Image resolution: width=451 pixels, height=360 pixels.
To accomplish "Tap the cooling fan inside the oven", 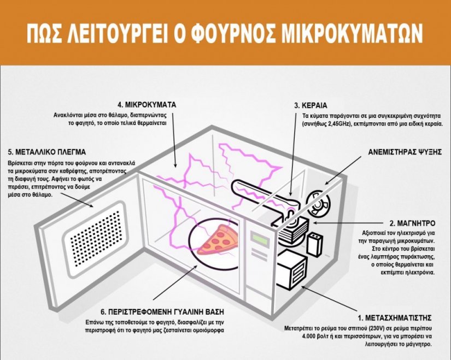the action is click(318, 204).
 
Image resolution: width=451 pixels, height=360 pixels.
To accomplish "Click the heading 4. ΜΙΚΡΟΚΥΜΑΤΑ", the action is click(147, 105).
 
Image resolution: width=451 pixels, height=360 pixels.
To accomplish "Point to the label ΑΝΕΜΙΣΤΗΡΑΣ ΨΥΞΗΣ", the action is click(405, 152).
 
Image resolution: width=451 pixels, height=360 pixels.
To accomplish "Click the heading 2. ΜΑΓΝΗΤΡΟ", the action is click(412, 223).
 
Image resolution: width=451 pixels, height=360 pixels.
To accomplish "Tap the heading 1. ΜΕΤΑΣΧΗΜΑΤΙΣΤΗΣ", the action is click(395, 318).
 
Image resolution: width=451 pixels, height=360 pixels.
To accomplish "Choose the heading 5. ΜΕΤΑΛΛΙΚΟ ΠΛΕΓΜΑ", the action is click(47, 152).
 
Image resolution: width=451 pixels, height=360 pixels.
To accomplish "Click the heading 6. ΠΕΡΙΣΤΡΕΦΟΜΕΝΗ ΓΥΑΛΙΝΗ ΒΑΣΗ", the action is click(162, 312).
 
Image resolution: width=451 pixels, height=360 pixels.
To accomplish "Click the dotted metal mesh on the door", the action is click(95, 238).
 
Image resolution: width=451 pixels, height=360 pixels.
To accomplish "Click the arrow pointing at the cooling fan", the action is click(343, 170).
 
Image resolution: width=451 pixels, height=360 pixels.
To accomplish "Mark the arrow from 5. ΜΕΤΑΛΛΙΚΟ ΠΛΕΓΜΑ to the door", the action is click(77, 200).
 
